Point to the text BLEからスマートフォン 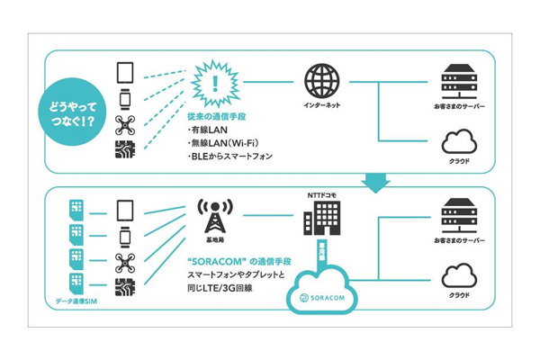click(231, 157)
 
